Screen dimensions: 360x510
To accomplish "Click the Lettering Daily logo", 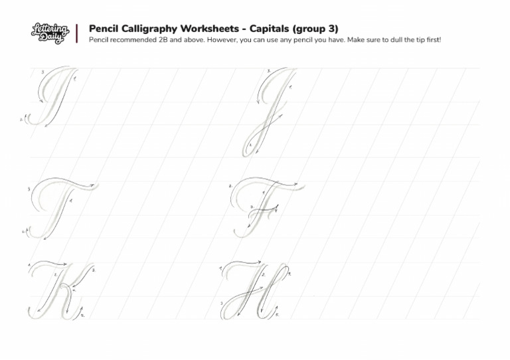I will tap(50, 33).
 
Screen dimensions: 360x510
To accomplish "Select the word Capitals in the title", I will tap(272, 29).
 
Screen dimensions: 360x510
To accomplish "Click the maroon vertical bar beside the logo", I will tap(77, 33).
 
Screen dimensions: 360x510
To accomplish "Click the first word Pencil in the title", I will tap(104, 29).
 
